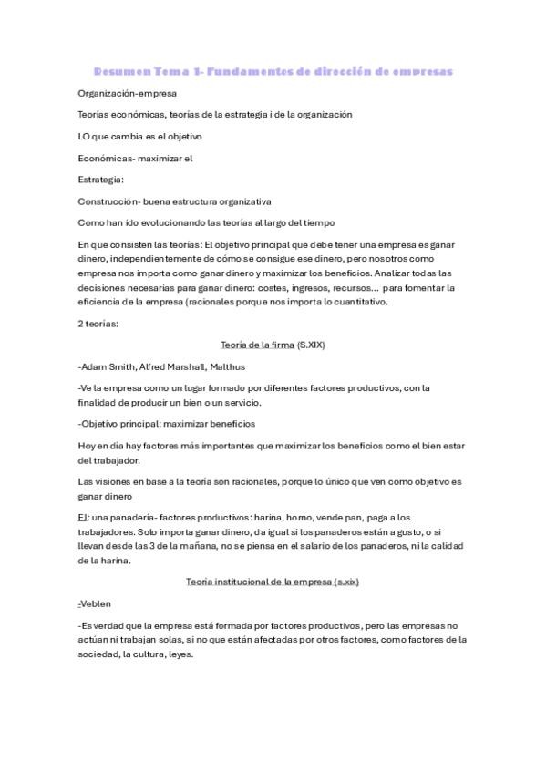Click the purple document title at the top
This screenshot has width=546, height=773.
tap(273, 71)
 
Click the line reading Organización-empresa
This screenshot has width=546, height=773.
tap(128, 93)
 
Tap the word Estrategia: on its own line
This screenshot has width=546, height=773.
tap(101, 180)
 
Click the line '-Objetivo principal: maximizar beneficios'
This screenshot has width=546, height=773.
tap(167, 424)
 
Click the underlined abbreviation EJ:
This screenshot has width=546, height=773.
tap(84, 517)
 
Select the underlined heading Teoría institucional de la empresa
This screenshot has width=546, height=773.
tap(259, 581)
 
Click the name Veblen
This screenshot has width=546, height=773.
tap(97, 603)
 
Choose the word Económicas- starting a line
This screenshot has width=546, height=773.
tap(108, 158)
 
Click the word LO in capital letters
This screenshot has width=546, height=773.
tap(85, 137)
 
